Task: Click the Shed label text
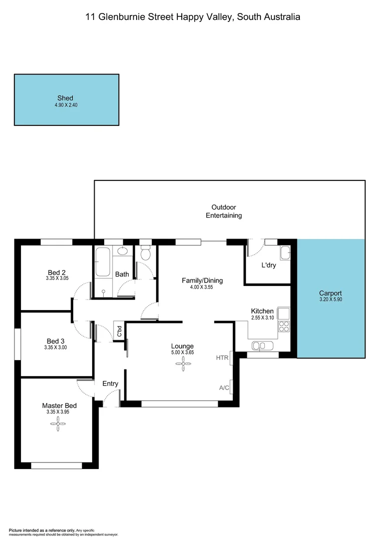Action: pos(66,98)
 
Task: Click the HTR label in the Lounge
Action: pos(222,357)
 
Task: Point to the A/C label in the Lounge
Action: pos(224,387)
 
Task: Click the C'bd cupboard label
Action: pos(119,331)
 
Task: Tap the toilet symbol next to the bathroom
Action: pos(145,253)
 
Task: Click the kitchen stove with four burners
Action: pos(283,326)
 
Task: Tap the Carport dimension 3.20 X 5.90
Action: pos(330,300)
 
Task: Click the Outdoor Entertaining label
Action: pos(224,211)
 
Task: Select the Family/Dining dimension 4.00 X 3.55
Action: pos(202,287)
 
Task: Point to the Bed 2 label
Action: pos(56,272)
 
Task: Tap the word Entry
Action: pos(110,383)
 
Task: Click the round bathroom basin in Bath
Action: pos(124,251)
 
